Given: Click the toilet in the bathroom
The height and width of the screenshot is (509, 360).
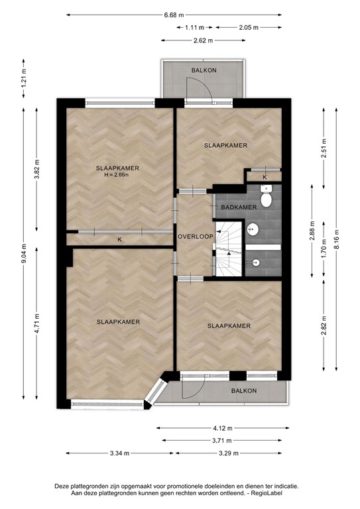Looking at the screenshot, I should coord(266,198).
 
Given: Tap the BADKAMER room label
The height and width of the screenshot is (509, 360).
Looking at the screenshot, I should coord(238,207).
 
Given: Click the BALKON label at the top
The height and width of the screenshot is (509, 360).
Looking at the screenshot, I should coord(204,70).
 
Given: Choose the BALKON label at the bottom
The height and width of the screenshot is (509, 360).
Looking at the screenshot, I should coord(244,391).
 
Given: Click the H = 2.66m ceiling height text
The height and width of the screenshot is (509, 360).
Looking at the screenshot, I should coord(117,176).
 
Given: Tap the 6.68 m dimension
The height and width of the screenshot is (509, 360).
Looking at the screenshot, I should coord(174,14).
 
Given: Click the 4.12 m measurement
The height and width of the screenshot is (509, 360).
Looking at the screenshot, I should coord(221,427).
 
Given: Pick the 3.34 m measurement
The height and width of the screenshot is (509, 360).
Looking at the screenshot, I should coord(120,453).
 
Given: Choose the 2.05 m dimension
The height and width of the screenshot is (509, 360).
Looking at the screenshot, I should coord(248,27).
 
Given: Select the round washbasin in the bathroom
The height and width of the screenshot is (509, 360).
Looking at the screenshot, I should coord(253,230).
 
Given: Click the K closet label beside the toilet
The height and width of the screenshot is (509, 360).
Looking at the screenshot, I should coord(265,178).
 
